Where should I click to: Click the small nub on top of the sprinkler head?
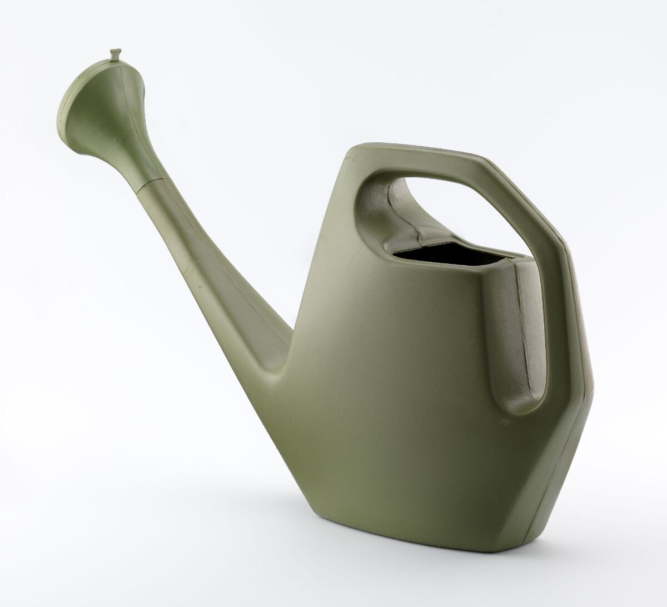[x=115, y=54]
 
